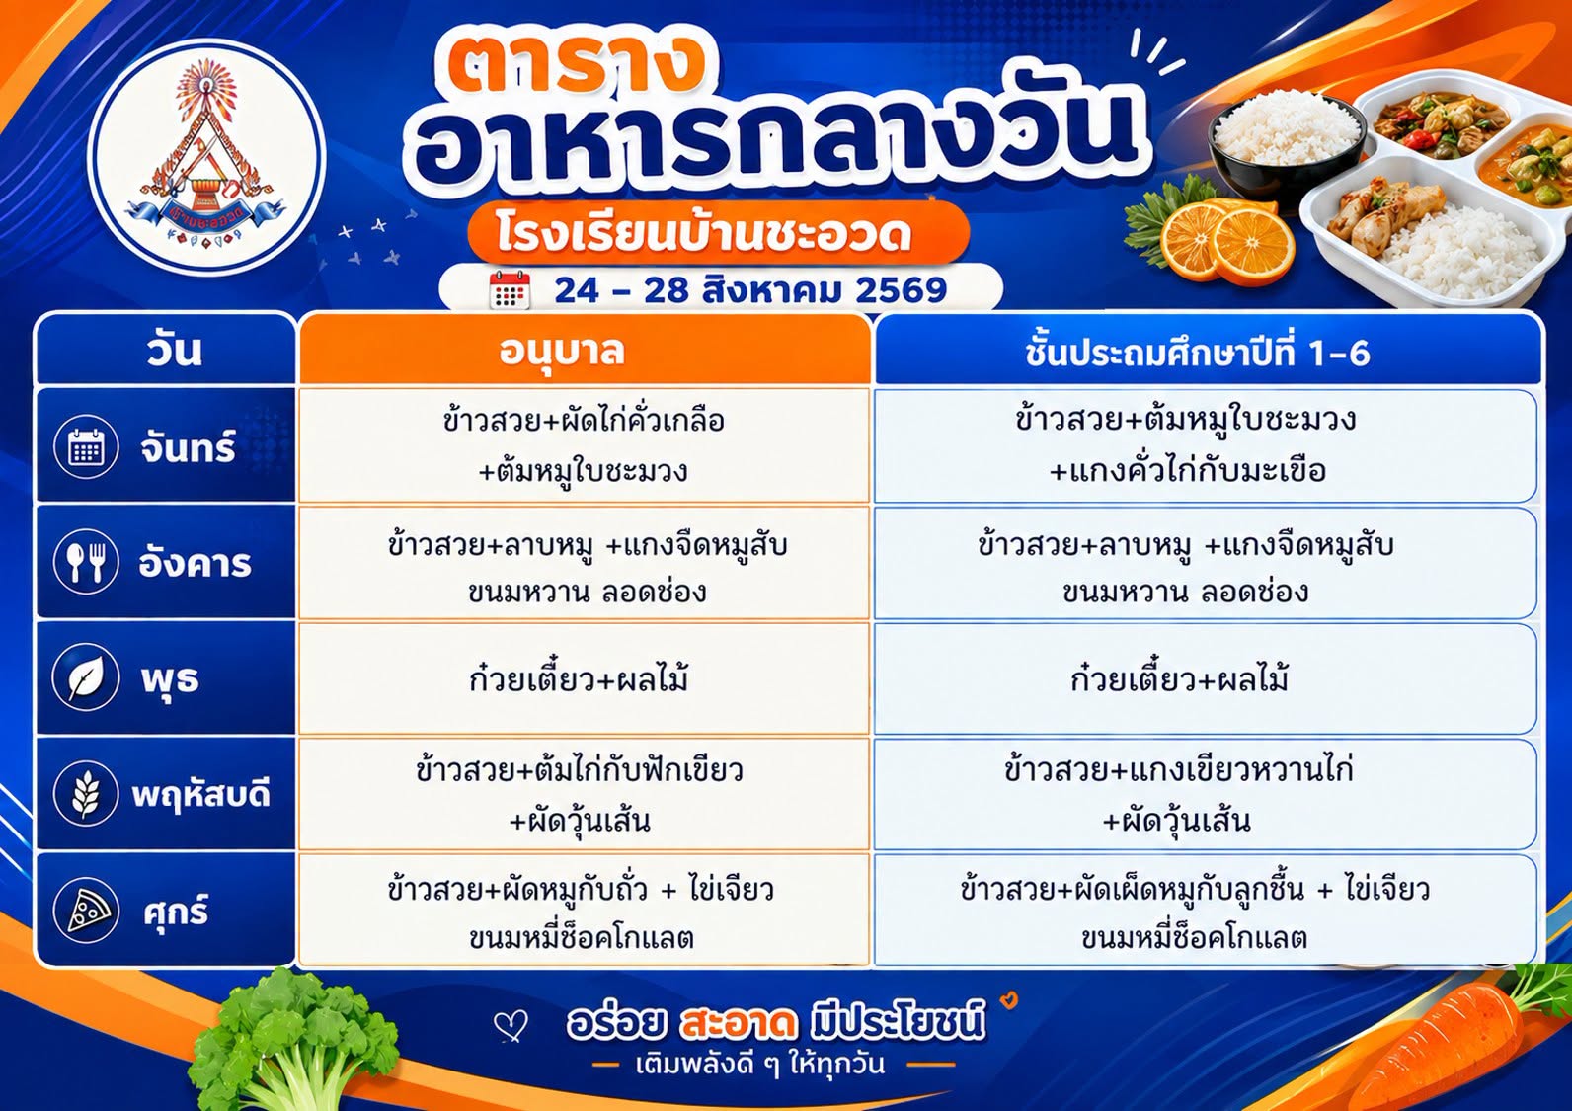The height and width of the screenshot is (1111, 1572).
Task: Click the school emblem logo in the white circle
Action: (x=205, y=156)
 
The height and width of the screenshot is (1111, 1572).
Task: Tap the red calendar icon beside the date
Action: (x=510, y=289)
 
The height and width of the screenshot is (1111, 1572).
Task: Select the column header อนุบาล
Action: (x=562, y=352)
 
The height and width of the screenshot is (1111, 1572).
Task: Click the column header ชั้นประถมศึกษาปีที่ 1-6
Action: (x=1197, y=353)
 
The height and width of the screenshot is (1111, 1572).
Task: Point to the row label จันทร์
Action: (x=188, y=447)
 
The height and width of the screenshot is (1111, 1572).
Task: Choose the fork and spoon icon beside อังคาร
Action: (x=86, y=562)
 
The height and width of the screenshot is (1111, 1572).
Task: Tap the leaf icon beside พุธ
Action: (x=86, y=678)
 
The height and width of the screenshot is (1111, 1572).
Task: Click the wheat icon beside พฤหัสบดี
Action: (x=86, y=794)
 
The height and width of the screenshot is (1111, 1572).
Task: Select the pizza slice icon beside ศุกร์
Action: (x=86, y=911)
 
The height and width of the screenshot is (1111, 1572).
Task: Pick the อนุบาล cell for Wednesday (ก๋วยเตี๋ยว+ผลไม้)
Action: (x=584, y=678)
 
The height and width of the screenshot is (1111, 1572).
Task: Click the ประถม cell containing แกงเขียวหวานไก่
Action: (x=1206, y=794)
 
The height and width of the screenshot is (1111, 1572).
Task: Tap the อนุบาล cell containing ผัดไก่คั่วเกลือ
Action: (x=584, y=445)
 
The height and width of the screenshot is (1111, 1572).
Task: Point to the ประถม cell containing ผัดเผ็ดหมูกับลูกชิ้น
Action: (x=1206, y=911)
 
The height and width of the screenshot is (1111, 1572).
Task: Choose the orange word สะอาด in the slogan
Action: (x=738, y=1023)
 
